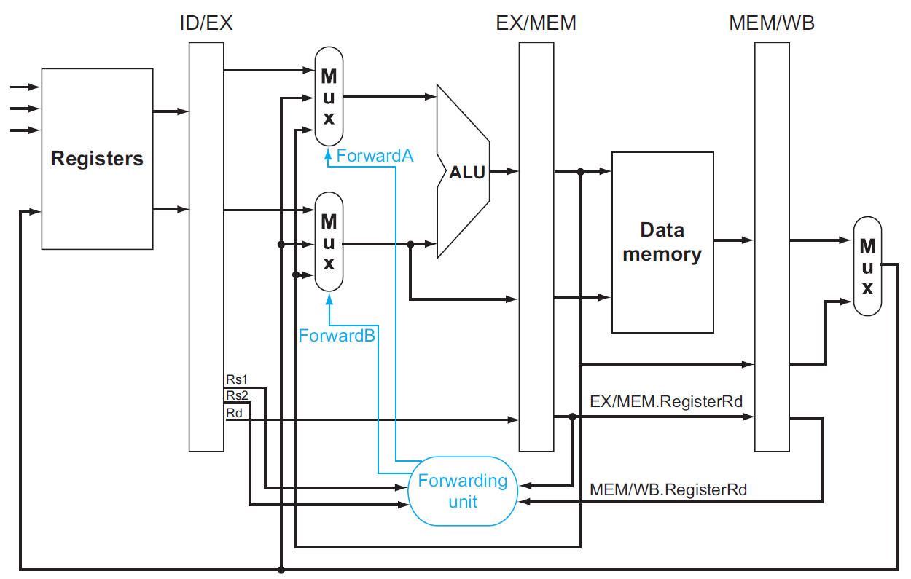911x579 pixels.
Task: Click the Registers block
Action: (97, 159)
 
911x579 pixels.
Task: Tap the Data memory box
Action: (662, 242)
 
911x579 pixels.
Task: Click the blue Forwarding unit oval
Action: (462, 491)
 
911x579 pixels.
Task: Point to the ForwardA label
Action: (375, 155)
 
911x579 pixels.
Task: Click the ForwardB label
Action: (337, 335)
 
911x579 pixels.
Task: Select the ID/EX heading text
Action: (206, 23)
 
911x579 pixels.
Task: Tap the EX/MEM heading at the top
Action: (536, 23)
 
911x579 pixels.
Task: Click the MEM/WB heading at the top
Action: (772, 23)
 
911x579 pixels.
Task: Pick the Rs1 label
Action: (237, 379)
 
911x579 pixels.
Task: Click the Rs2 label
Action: (237, 395)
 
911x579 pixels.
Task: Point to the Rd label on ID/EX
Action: (234, 413)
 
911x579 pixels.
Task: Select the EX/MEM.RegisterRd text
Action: (665, 401)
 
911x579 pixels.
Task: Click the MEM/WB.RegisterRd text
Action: (668, 489)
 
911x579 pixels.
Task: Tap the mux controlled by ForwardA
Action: (329, 96)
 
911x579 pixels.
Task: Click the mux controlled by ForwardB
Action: (329, 241)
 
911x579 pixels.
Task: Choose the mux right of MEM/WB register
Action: (867, 266)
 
